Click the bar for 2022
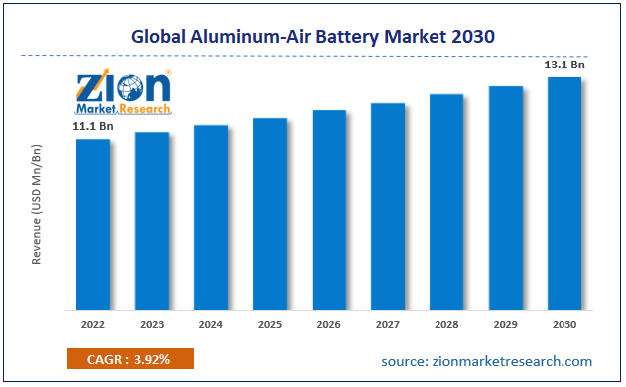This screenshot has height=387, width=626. click(x=93, y=223)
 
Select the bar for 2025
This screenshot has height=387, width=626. click(x=270, y=212)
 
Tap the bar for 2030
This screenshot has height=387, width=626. click(x=564, y=193)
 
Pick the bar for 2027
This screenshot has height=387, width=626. click(x=388, y=205)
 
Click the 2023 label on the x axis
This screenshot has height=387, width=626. click(x=152, y=324)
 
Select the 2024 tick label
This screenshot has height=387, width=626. click(x=210, y=324)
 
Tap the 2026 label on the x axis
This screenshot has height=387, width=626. click(x=328, y=324)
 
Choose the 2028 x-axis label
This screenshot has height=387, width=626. click(x=446, y=324)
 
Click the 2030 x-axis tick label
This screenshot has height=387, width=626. click(x=564, y=324)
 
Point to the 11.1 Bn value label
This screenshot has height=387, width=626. click(x=92, y=127)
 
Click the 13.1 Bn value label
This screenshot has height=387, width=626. click(x=563, y=64)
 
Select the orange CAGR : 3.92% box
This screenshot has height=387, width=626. click(x=131, y=359)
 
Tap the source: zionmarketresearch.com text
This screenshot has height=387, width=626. click(x=486, y=361)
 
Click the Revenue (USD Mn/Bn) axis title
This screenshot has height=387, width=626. click(x=37, y=203)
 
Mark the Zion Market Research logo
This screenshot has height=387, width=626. click(x=124, y=91)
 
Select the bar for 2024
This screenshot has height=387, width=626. click(x=211, y=216)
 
